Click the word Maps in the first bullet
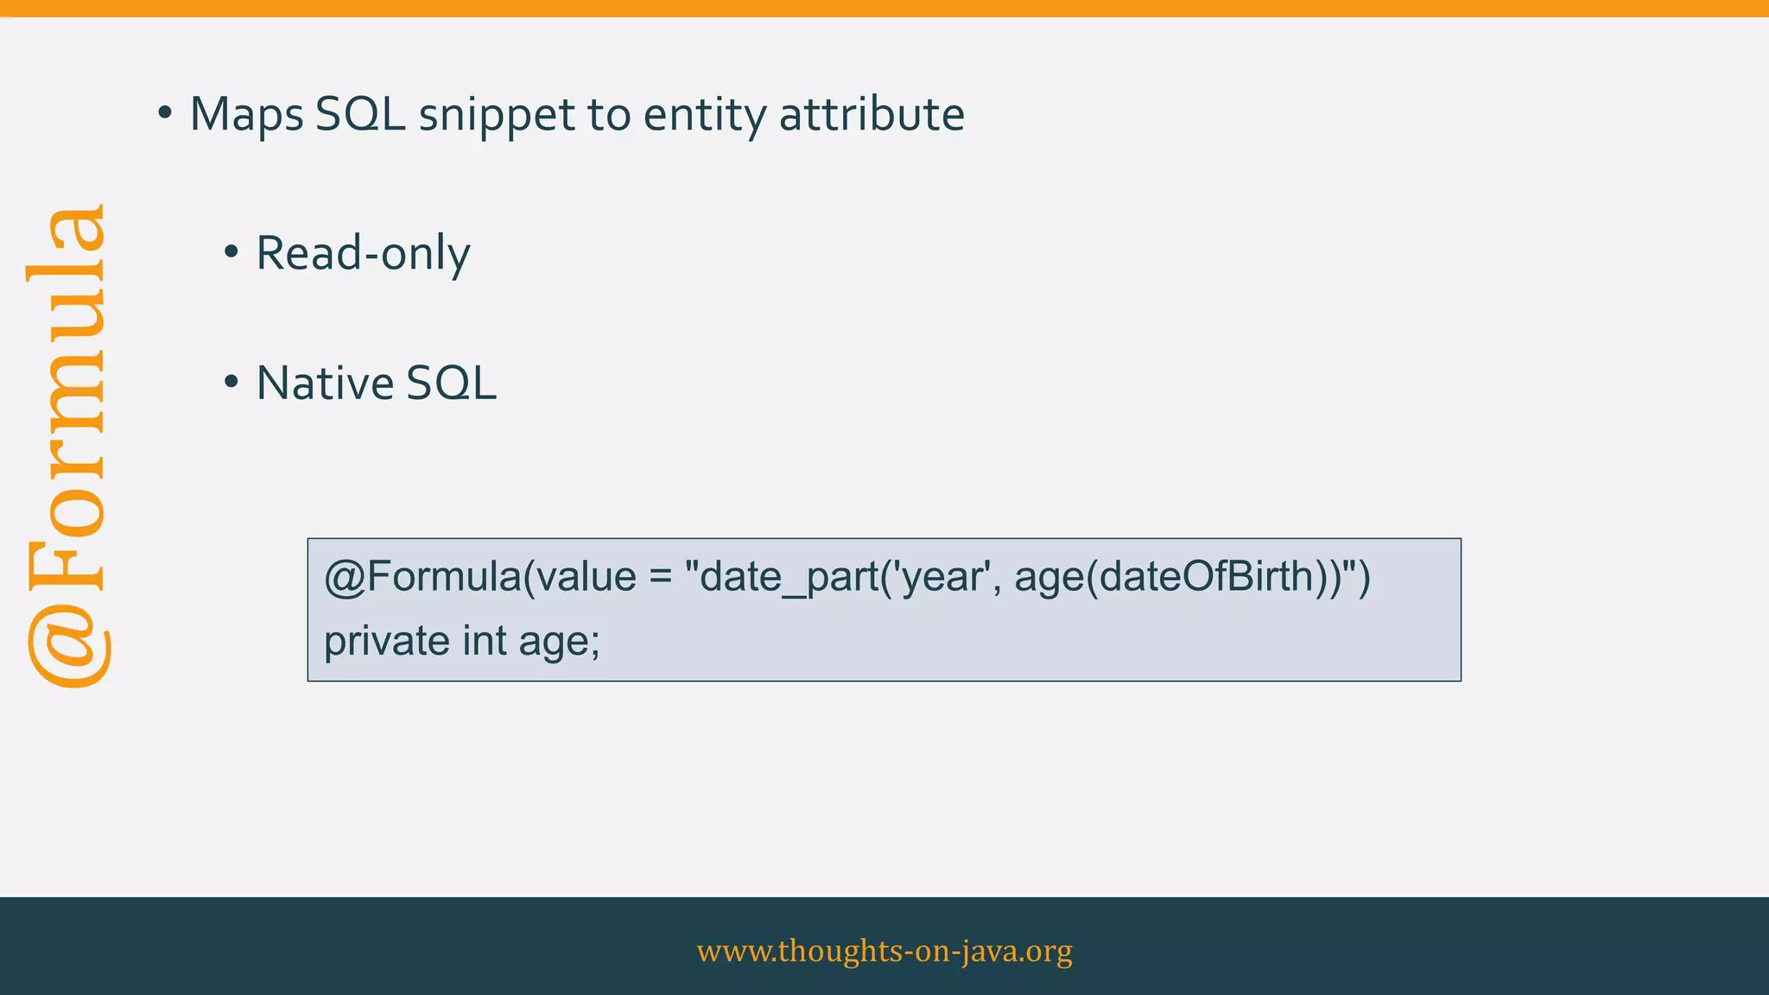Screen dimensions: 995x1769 point(246,115)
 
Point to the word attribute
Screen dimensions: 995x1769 point(872,115)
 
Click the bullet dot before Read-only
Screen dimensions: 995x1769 point(231,253)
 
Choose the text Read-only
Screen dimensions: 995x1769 point(363,254)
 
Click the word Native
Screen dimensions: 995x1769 point(324,383)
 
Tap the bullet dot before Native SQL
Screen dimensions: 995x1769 point(231,383)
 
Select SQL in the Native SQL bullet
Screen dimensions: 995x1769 point(451,383)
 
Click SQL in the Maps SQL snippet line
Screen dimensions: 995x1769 point(360,115)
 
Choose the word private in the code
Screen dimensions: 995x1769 point(386,641)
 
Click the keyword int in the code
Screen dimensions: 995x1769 point(485,641)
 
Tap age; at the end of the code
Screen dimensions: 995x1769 point(559,641)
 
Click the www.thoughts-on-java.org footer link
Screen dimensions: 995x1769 point(884,951)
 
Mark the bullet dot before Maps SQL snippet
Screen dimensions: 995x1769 point(164,113)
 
